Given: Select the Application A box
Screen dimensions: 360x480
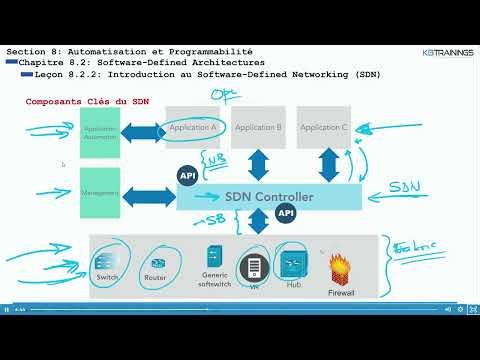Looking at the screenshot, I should coord(195,127).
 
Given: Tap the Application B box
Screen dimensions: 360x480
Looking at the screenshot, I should coord(258,127).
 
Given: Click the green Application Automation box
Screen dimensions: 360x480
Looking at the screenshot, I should coord(101,130).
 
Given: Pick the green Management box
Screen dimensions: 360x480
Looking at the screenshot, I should coord(101,191).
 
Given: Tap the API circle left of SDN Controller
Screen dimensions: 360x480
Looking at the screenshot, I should coord(187,176).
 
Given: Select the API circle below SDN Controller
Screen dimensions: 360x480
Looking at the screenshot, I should coord(286,213).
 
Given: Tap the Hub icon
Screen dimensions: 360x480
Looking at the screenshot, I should coord(293,261).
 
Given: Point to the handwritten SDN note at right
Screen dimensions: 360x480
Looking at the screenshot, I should coord(404,186).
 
